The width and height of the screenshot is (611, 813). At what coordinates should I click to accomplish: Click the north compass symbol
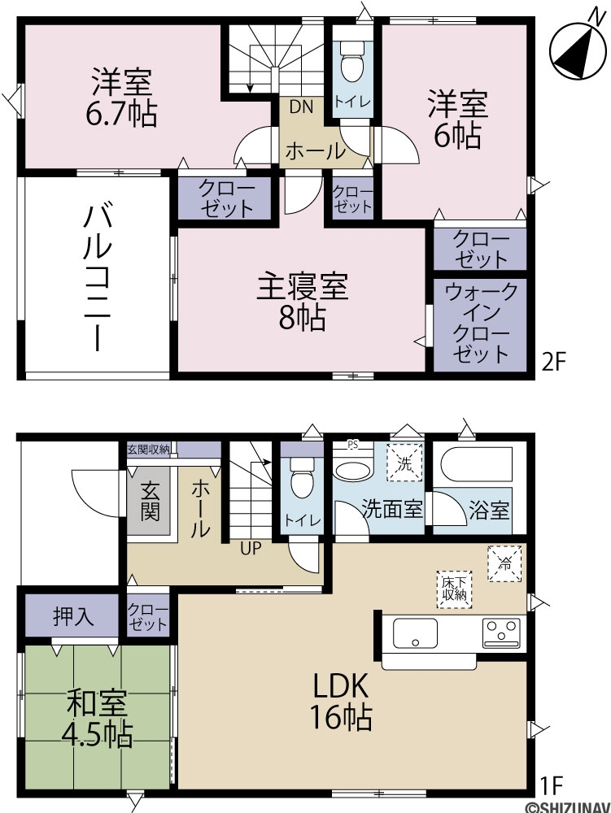click(578, 50)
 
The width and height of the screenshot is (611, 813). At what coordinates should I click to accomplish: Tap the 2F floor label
click(553, 362)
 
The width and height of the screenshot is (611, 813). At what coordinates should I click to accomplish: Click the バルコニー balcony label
click(98, 278)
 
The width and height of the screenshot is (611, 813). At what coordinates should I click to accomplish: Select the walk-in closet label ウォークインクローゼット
click(480, 322)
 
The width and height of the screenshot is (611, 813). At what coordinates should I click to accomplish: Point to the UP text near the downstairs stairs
click(251, 548)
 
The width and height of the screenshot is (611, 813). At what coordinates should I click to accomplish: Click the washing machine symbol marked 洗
click(404, 463)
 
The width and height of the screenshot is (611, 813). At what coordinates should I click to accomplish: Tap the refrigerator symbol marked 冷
click(504, 563)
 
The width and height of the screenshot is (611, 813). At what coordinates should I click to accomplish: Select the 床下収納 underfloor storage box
click(454, 589)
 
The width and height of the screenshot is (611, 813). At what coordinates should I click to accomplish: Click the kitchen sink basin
click(415, 633)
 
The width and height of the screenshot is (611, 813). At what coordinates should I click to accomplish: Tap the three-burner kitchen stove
click(501, 633)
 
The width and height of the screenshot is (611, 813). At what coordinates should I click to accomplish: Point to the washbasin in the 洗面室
click(354, 469)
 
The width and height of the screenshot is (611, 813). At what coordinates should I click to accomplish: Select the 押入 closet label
click(74, 617)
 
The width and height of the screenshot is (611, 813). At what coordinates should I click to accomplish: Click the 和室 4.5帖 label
click(97, 719)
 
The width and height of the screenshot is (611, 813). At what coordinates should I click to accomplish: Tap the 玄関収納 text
click(148, 449)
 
